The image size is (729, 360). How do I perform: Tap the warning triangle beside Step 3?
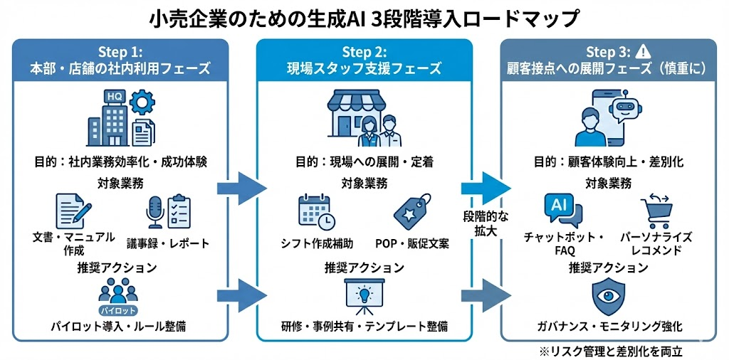click(x=644, y=51)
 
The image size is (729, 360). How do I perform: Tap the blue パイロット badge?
click(x=118, y=311)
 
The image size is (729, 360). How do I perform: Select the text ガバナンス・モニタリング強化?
click(x=609, y=327)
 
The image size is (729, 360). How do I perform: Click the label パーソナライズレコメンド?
click(x=657, y=243)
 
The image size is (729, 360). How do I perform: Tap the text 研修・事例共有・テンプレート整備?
click(x=364, y=327)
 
